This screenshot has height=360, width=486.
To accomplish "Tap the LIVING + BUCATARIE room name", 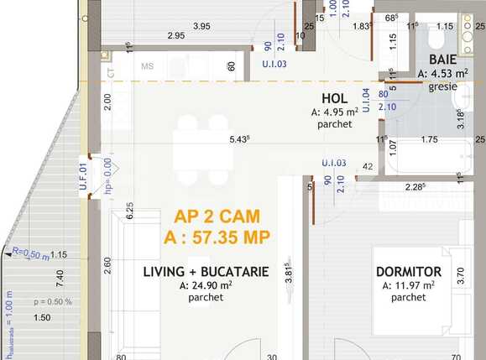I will pos(206,272).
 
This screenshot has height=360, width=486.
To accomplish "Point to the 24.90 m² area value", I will pos(206,285).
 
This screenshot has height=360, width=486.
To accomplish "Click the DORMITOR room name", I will pos(407,272).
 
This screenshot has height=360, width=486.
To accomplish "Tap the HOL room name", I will pos(335,97).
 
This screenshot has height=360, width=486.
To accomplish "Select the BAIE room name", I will pos(442,60).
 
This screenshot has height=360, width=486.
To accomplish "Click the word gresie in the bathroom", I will pos(442,86).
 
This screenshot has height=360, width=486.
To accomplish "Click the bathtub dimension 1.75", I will pos(428,140).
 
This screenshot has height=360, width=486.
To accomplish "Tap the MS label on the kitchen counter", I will pos(148,66).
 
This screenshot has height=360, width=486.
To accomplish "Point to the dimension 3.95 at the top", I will pos(201,26).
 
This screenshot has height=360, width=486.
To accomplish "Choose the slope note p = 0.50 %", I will pos(52,301).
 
